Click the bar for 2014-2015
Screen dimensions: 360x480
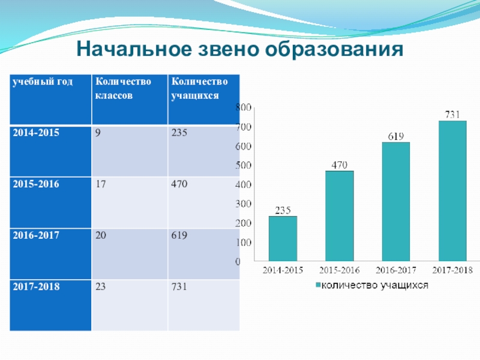click(x=283, y=239)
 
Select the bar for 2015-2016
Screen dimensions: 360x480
click(x=340, y=216)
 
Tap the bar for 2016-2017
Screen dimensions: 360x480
click(x=395, y=202)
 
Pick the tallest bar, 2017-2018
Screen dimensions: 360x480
click(x=452, y=191)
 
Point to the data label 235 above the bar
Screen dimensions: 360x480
click(x=283, y=210)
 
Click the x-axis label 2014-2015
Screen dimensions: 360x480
click(x=283, y=272)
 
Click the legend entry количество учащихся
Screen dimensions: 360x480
click(x=372, y=286)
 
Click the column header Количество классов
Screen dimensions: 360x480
click(x=122, y=89)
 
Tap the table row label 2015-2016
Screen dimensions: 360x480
click(x=37, y=184)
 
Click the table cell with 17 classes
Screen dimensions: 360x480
click(x=100, y=184)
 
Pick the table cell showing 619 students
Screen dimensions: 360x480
click(x=179, y=236)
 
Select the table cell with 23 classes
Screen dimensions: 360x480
click(x=100, y=287)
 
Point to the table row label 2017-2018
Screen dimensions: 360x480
click(x=37, y=287)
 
